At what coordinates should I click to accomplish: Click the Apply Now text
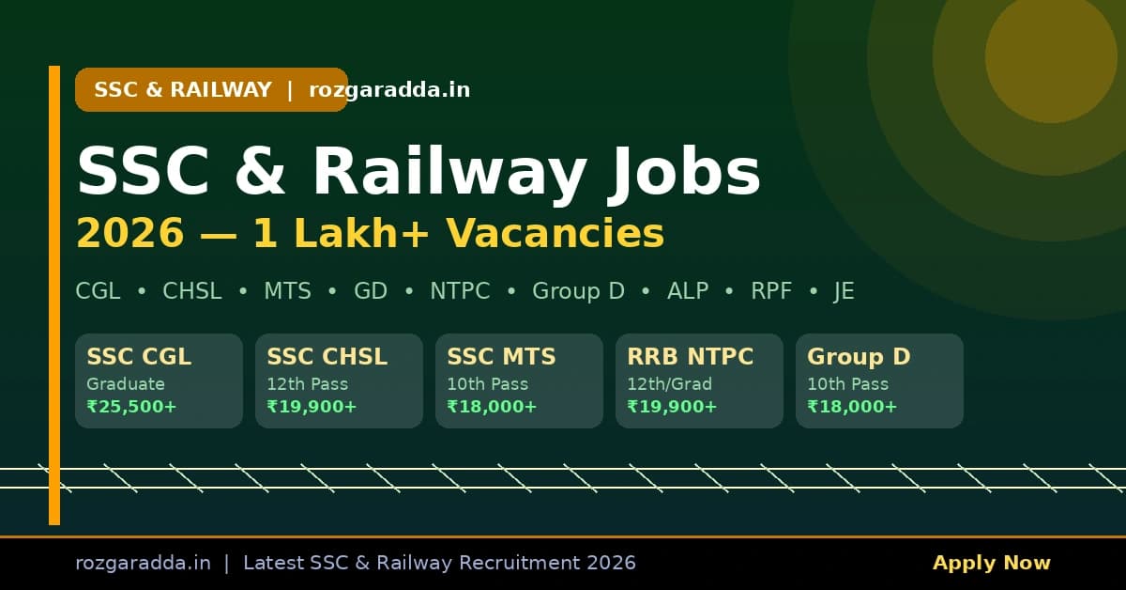click(x=991, y=563)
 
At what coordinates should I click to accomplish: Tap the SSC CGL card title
click(x=139, y=357)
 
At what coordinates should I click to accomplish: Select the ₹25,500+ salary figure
click(x=131, y=407)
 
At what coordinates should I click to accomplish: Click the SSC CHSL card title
click(x=327, y=357)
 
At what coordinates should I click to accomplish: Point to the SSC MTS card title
click(x=501, y=357)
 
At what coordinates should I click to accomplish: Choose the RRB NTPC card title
click(x=690, y=357)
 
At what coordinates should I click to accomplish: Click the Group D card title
click(x=859, y=357)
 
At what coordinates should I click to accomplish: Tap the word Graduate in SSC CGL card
click(x=126, y=383)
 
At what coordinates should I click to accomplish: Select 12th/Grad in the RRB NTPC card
click(x=669, y=383)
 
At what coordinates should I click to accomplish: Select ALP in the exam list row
click(x=688, y=291)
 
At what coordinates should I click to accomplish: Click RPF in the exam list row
click(x=771, y=291)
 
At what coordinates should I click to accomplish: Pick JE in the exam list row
click(x=844, y=291)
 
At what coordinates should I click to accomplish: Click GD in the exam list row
click(x=371, y=291)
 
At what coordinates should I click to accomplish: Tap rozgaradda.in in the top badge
click(x=389, y=90)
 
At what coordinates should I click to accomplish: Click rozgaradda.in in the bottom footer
click(x=143, y=563)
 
